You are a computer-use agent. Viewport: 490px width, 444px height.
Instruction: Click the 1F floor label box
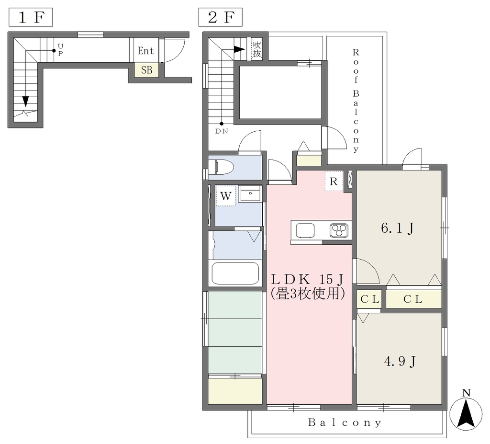[31, 17]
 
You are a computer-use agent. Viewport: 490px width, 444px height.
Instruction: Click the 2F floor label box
[220, 17]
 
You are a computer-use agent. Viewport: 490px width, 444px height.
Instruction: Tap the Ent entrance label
[145, 51]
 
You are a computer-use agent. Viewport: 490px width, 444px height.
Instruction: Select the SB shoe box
[146, 70]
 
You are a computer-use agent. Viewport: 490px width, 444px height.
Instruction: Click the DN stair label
[222, 131]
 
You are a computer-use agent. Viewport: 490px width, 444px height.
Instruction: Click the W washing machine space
[226, 196]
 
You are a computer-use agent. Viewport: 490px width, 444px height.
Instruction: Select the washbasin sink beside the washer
[250, 194]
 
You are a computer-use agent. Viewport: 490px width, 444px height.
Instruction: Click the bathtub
[235, 273]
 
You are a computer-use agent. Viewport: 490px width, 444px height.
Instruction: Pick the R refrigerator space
[334, 181]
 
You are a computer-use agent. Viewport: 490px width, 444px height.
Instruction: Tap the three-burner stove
[339, 231]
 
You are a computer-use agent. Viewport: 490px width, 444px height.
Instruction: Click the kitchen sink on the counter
[305, 230]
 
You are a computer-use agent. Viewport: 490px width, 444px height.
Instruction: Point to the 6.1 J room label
[398, 228]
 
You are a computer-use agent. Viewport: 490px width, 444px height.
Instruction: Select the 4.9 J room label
[400, 362]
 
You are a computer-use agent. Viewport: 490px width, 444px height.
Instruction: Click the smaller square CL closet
[370, 299]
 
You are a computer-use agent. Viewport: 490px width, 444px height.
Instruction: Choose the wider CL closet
[413, 299]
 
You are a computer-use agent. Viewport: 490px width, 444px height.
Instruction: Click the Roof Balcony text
[356, 101]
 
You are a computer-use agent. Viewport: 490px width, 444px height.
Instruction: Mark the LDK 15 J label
[308, 278]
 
